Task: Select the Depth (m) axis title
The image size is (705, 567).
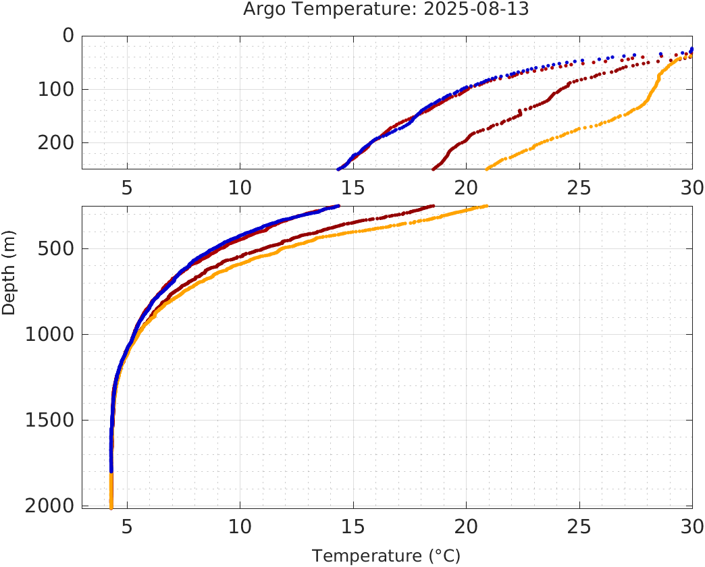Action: (9, 271)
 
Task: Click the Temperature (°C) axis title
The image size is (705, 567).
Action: (386, 556)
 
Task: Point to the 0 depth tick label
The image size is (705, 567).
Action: (68, 36)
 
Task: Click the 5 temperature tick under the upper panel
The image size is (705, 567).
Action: (127, 188)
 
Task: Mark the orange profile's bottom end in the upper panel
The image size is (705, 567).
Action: (487, 169)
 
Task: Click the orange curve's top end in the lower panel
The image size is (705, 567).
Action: (486, 206)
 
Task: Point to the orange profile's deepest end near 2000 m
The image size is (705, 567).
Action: (111, 507)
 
